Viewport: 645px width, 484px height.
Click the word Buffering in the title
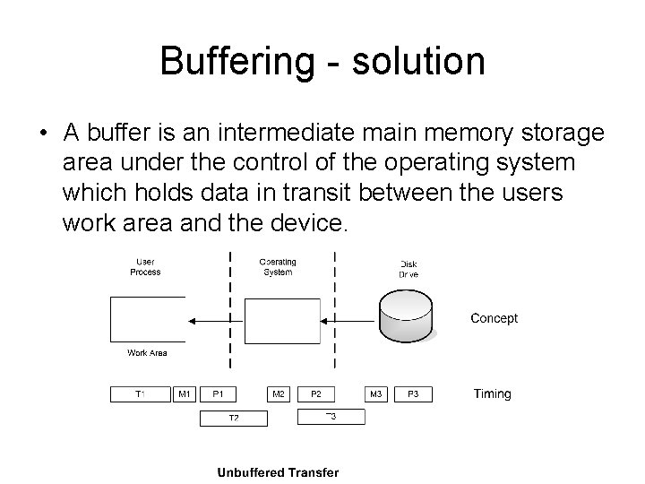tap(235, 61)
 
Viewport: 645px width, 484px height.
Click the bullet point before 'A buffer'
tap(43, 135)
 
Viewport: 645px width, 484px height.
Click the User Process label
tap(144, 267)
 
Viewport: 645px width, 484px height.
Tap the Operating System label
tap(278, 267)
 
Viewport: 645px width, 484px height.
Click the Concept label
tap(494, 318)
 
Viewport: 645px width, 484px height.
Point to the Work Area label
tap(147, 353)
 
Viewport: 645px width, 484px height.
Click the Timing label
tap(492, 393)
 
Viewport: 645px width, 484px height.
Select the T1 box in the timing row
tap(141, 393)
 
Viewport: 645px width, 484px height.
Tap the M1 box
tap(185, 393)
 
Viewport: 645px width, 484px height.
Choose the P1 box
tap(219, 393)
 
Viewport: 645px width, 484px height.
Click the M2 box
tap(279, 393)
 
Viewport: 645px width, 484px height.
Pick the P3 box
tap(413, 393)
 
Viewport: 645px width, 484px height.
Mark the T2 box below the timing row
tap(233, 418)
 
